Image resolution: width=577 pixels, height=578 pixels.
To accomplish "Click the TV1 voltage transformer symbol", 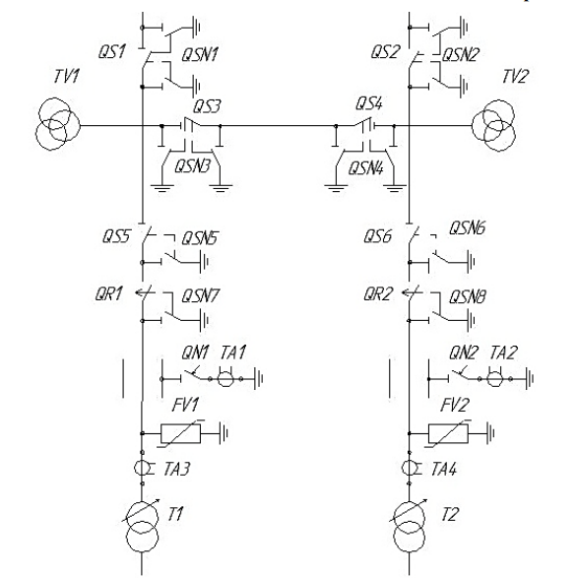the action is [x=58, y=124].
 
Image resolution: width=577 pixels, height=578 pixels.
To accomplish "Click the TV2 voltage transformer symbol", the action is [x=494, y=125].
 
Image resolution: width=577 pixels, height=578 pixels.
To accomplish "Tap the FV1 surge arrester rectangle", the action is [x=180, y=433].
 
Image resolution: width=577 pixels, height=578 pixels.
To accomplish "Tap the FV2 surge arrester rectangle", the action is [x=448, y=433].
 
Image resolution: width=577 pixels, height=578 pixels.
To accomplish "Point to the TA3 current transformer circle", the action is [x=142, y=468].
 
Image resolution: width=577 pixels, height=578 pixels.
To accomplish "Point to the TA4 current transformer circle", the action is [x=410, y=468].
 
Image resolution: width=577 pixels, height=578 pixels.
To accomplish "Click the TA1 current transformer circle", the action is [x=225, y=378].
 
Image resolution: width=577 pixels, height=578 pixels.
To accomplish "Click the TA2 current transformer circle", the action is [x=494, y=378].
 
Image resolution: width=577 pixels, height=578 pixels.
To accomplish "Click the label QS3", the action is [x=207, y=106].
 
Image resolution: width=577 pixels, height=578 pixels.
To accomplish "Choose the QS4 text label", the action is [x=368, y=103].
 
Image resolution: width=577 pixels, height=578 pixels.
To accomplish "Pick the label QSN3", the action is [x=192, y=166].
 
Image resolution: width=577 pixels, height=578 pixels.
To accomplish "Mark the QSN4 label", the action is [x=366, y=168].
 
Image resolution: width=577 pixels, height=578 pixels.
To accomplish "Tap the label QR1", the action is [x=108, y=294].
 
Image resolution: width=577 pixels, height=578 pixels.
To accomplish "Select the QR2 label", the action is [x=377, y=294].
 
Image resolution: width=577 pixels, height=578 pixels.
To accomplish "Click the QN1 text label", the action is [x=195, y=353].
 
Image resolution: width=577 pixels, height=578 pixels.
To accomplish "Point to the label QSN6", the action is [x=467, y=228].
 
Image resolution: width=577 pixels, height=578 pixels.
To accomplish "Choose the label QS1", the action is [x=112, y=51].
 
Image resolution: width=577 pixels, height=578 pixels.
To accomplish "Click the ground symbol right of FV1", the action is [x=224, y=433].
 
